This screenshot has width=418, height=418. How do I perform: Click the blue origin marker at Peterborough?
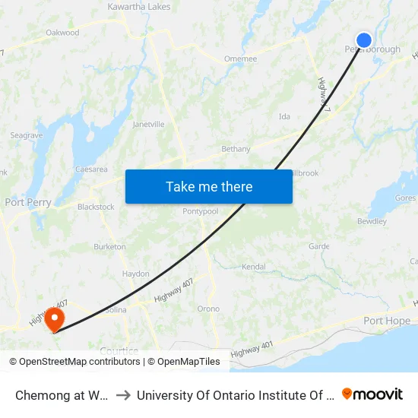tap(364, 40)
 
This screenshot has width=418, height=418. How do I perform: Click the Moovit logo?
tap(372, 394)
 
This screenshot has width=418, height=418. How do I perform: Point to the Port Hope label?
tap(387, 321)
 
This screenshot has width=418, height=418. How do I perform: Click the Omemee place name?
tap(240, 59)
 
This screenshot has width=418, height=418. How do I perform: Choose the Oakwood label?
tap(62, 33)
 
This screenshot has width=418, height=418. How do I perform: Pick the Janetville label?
tap(148, 124)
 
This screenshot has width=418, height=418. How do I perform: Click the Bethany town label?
tap(236, 149)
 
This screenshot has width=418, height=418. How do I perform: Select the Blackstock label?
tap(96, 207)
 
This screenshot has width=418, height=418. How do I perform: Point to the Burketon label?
tap(109, 247)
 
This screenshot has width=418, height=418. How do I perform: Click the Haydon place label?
tap(135, 274)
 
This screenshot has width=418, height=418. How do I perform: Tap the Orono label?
tap(208, 309)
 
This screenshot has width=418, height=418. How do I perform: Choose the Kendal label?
tap(253, 267)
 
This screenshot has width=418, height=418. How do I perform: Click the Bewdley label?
tap(372, 222)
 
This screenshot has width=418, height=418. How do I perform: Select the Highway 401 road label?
tap(252, 350)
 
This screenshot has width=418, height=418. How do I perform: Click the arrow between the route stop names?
tap(123, 394)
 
